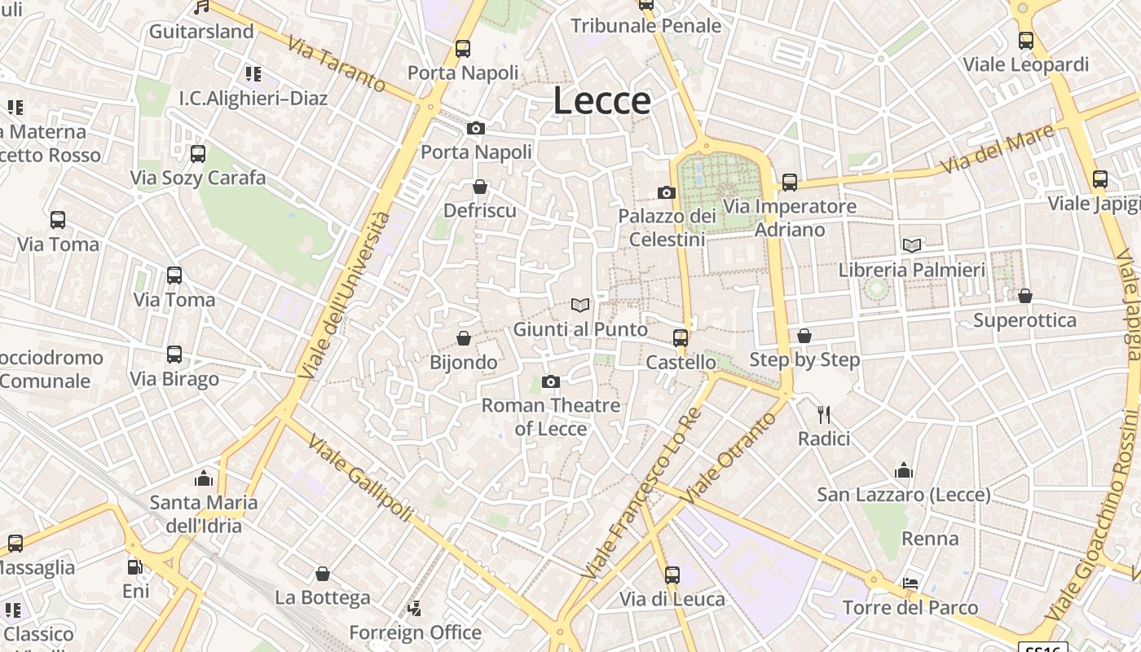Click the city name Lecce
(601, 100)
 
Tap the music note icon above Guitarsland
(201, 7)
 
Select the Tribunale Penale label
(645, 25)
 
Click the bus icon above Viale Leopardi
(1025, 40)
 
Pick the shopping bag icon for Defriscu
(480, 187)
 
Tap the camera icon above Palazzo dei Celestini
(667, 193)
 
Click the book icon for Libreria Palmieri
(912, 245)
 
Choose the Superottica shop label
(1024, 320)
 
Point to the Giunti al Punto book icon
(580, 306)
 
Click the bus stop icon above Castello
(681, 338)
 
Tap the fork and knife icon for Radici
(824, 415)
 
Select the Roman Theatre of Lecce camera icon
(551, 381)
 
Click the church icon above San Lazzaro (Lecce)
(904, 470)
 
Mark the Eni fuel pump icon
(135, 567)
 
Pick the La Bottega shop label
(322, 597)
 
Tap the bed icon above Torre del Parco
(910, 584)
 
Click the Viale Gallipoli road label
(359, 476)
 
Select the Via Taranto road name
(337, 64)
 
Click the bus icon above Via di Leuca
(672, 575)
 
